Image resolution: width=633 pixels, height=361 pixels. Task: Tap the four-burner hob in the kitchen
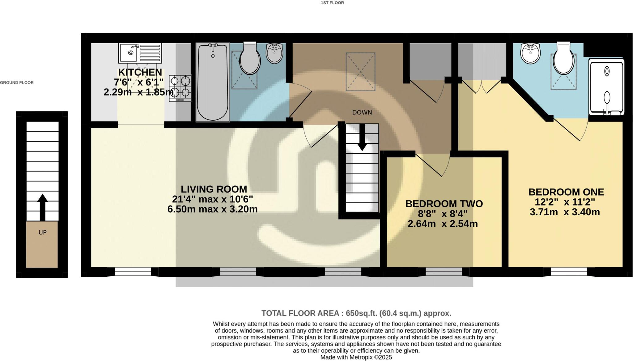tap(180, 88)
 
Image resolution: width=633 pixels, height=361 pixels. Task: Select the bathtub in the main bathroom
tap(213, 82)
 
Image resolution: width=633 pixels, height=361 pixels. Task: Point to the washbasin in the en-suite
tap(530, 53)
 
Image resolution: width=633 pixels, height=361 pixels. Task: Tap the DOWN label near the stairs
tap(362, 113)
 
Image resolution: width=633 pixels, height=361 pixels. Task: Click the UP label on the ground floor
tap(42, 233)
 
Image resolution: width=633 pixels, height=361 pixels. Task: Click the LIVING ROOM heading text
tap(214, 189)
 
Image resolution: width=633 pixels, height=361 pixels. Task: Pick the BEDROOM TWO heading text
tap(444, 204)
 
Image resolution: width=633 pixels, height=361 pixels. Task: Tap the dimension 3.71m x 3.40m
tap(565, 212)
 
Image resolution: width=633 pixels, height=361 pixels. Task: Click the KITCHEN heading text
tap(140, 72)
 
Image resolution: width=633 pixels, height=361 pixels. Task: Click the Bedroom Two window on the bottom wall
tap(444, 272)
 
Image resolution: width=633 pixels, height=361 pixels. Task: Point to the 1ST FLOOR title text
tap(332, 3)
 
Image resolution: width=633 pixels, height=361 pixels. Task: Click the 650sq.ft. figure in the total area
tap(361, 313)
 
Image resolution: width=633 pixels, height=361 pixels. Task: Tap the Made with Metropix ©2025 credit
tap(356, 357)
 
